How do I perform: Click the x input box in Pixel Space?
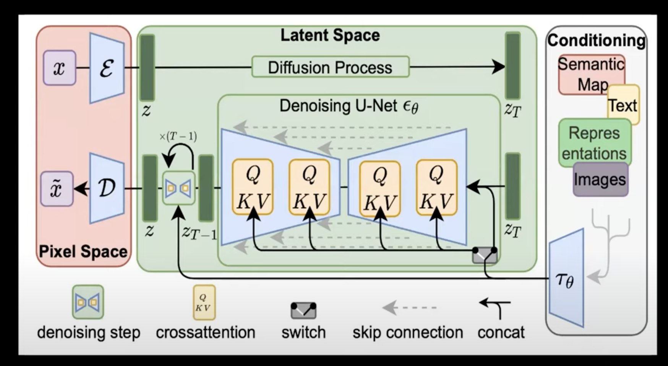[59, 68]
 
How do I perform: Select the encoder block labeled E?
[107, 68]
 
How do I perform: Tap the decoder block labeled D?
[107, 188]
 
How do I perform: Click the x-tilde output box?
[57, 188]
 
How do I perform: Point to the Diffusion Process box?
[330, 67]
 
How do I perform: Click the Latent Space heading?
[330, 35]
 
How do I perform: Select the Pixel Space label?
[83, 252]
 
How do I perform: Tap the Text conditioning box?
[623, 105]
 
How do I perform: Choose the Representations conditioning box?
[594, 143]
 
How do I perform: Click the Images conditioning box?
[600, 179]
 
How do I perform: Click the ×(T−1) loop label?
[178, 136]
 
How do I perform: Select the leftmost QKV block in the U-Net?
[253, 187]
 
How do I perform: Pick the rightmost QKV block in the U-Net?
[436, 187]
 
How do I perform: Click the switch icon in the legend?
[303, 310]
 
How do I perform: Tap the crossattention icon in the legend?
[204, 302]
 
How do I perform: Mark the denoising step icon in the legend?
[88, 302]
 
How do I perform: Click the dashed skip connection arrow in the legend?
[409, 307]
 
